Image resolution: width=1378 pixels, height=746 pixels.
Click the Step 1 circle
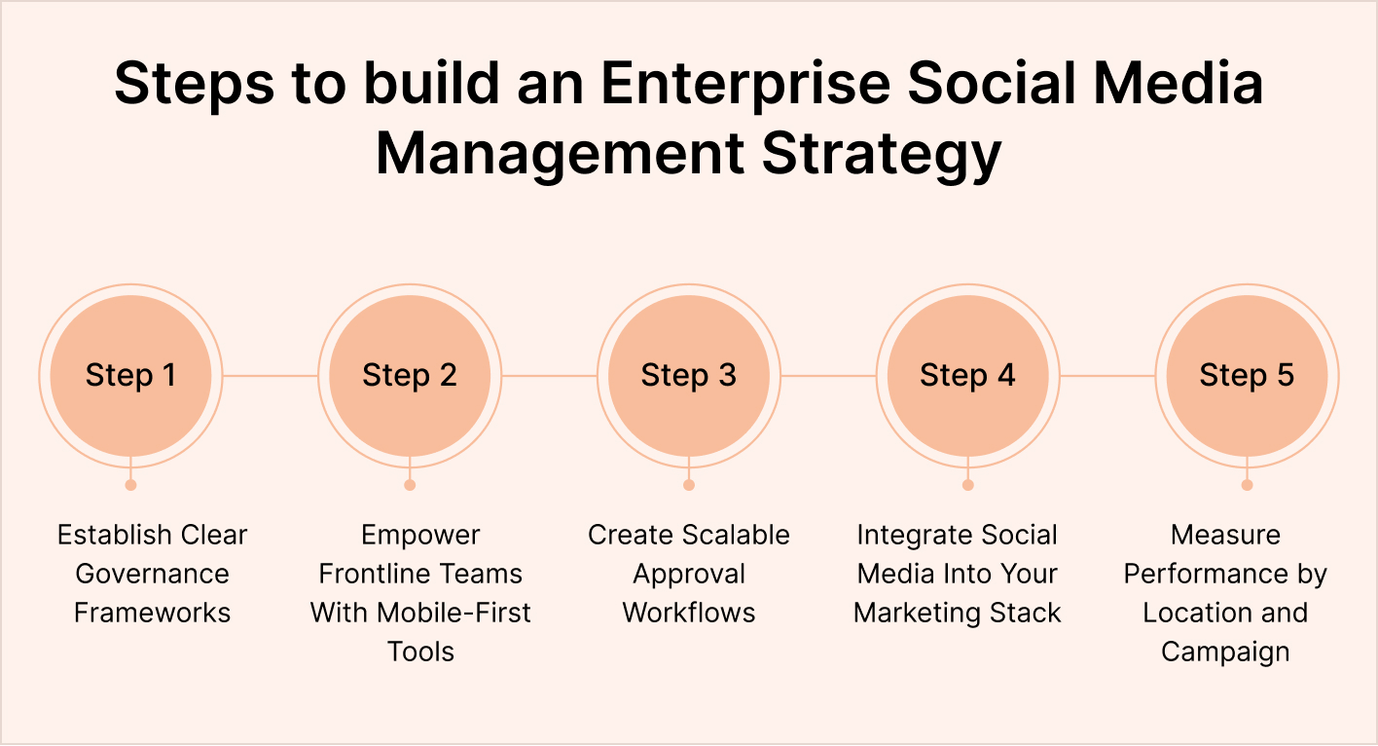[x=130, y=376]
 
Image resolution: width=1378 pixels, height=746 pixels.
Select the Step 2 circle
[x=410, y=376]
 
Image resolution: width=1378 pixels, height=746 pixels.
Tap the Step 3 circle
[x=689, y=376]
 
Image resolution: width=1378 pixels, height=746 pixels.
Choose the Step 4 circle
[x=967, y=376]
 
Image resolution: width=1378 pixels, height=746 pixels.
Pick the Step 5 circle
[x=1247, y=376]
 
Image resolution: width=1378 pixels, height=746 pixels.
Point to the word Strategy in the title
[x=882, y=155]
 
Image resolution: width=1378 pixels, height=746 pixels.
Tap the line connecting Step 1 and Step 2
[x=271, y=376]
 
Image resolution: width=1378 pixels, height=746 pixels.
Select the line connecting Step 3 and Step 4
[x=828, y=376]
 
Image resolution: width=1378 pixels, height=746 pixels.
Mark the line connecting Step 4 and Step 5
[x=1107, y=376]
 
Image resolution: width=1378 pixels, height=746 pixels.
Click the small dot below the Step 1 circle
[x=130, y=484]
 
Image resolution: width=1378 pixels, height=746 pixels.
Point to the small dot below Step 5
[x=1247, y=484]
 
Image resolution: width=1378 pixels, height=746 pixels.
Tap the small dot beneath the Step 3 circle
[x=689, y=484]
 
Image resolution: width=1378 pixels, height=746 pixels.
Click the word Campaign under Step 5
[x=1225, y=652]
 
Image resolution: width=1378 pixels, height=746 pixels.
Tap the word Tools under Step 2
[x=420, y=652]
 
